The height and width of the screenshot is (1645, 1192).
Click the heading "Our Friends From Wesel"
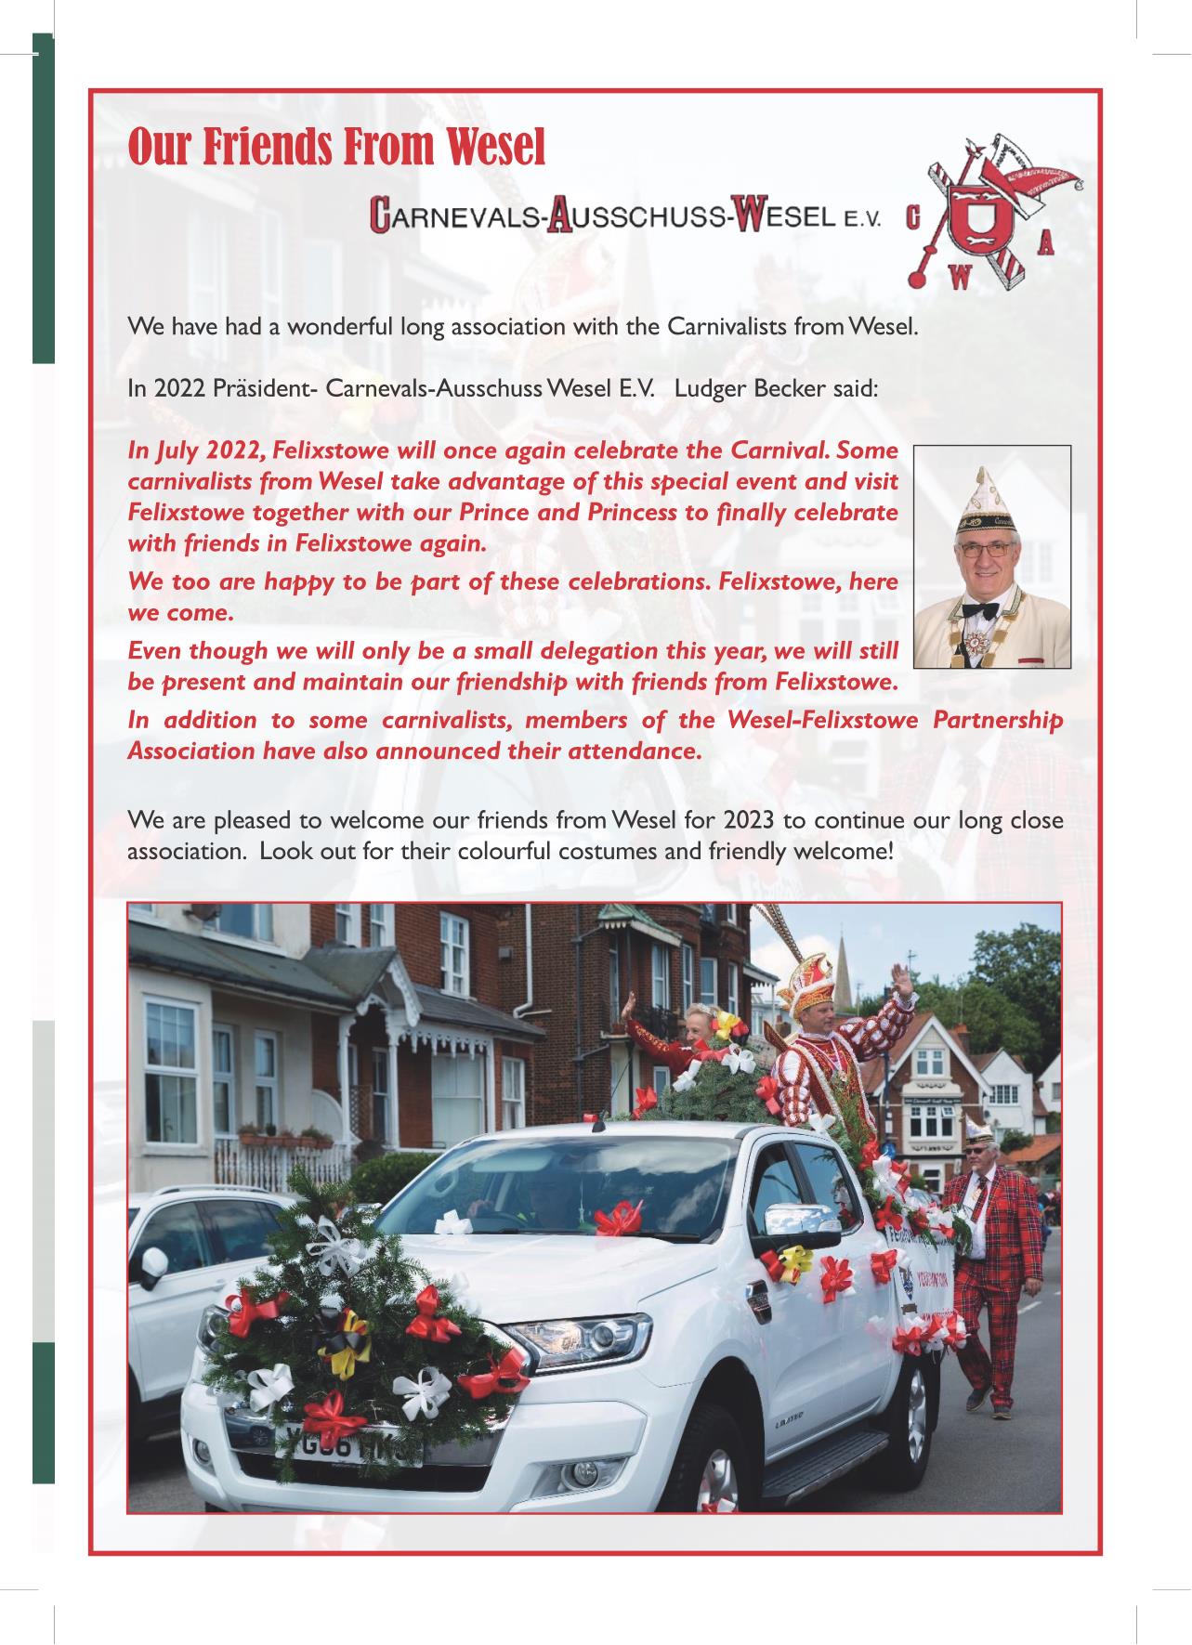(336, 147)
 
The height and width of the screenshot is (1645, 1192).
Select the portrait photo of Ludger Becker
(992, 556)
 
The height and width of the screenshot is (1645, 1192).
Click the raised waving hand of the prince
(899, 982)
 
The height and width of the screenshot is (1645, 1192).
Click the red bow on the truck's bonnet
(618, 1217)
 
